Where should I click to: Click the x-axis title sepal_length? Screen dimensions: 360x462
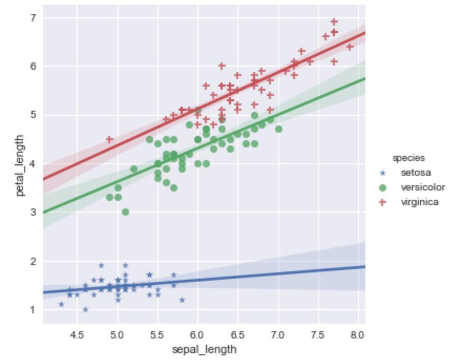pyautogui.click(x=204, y=349)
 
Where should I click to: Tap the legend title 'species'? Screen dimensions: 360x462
pyautogui.click(x=408, y=157)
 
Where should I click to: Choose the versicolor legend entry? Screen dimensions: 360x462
pyautogui.click(x=422, y=187)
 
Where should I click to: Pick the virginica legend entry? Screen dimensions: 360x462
pyautogui.click(x=419, y=202)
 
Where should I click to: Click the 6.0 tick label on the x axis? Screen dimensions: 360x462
pyautogui.click(x=197, y=334)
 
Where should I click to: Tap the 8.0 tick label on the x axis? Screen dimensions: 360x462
pyautogui.click(x=358, y=334)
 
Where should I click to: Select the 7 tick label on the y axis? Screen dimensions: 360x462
pyautogui.click(x=33, y=18)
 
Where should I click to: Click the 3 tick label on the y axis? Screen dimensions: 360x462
pyautogui.click(x=33, y=213)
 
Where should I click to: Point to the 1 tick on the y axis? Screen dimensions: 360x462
pyautogui.click(x=33, y=310)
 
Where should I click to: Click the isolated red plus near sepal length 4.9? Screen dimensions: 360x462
pyautogui.click(x=110, y=140)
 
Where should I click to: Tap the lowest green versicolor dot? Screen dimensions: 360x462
pyautogui.click(x=125, y=212)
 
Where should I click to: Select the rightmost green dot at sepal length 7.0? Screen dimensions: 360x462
pyautogui.click(x=278, y=129)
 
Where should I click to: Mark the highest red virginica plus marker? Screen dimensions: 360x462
pyautogui.click(x=334, y=22)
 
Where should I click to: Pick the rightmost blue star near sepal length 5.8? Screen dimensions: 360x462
pyautogui.click(x=182, y=300)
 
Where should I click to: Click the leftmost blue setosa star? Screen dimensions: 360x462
pyautogui.click(x=61, y=304)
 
